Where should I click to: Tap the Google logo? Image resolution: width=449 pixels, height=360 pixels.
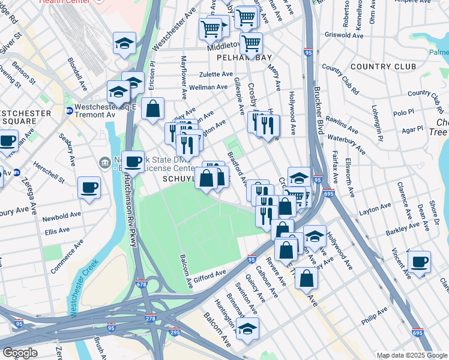pos(20,353)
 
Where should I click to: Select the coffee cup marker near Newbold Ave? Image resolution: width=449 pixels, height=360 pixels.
pos(89,188)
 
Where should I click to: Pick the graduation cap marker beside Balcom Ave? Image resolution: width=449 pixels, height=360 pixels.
pos(247,329)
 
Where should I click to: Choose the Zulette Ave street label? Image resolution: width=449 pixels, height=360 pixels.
pos(216,75)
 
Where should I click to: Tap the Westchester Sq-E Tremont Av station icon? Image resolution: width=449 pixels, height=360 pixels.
pos(69,110)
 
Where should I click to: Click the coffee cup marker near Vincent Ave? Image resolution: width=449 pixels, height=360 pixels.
pos(419,262)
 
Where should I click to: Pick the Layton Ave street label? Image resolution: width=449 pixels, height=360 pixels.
pos(375,209)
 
